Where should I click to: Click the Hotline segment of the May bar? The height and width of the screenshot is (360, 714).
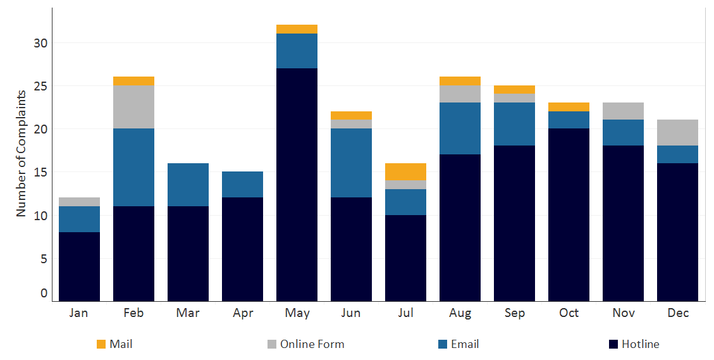point(297,184)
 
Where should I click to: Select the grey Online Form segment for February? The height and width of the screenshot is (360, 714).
point(133,106)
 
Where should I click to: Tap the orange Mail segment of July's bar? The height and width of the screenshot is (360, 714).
point(405,171)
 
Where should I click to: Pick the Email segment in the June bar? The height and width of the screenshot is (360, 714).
point(351,163)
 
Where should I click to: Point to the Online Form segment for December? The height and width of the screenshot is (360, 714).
point(677,132)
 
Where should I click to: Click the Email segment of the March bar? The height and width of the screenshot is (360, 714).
point(188,184)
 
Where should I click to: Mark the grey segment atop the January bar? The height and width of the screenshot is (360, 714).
point(79,202)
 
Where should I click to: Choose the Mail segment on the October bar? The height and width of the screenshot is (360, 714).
point(569,106)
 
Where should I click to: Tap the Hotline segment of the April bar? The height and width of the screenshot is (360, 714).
point(242,249)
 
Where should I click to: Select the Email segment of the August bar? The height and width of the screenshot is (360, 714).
point(460,128)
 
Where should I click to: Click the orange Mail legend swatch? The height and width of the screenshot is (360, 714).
point(101,344)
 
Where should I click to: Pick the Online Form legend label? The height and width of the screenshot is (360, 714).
point(312,344)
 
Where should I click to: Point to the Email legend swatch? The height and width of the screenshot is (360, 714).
point(443,344)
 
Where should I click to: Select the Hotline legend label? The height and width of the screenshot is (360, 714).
point(640,344)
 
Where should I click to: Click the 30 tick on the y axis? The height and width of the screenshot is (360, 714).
point(41,43)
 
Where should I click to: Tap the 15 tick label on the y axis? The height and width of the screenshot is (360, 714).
point(41,172)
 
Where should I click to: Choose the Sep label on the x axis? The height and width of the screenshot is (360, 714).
point(514,313)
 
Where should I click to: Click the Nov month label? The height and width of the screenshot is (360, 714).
point(623,313)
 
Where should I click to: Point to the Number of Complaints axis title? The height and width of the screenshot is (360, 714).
point(22,153)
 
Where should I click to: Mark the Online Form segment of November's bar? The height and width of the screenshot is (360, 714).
point(623,111)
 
